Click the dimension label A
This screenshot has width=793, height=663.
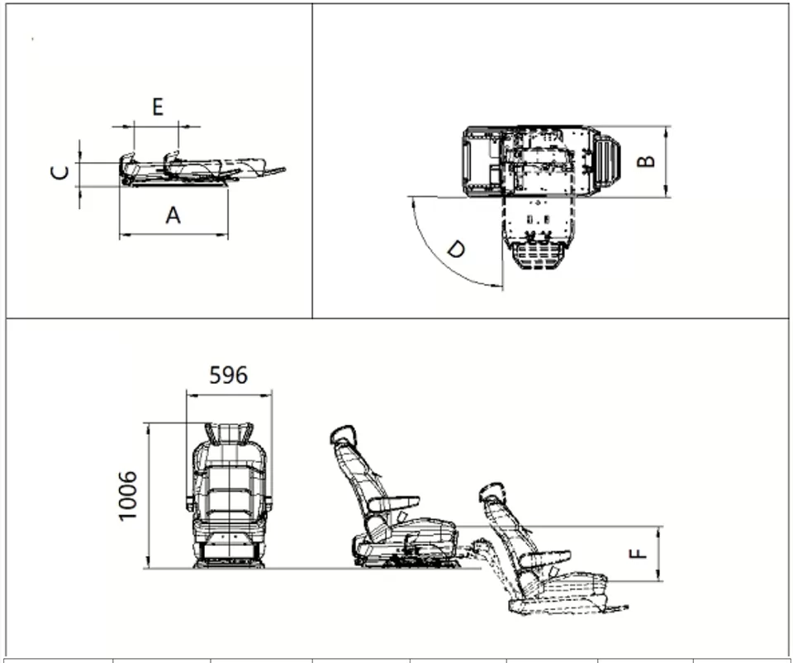pyautogui.click(x=173, y=215)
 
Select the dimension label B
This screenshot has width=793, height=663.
pyautogui.click(x=648, y=161)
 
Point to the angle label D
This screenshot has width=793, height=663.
pyautogui.click(x=455, y=249)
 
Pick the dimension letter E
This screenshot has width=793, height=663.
pyautogui.click(x=157, y=107)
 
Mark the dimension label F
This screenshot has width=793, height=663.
pyautogui.click(x=639, y=552)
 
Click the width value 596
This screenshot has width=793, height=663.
pyautogui.click(x=228, y=375)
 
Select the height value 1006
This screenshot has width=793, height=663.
pyautogui.click(x=128, y=495)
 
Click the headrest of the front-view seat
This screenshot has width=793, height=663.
pyautogui.click(x=229, y=432)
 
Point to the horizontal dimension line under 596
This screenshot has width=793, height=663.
pyautogui.click(x=229, y=395)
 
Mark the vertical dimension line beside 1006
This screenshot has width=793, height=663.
pyautogui.click(x=148, y=495)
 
